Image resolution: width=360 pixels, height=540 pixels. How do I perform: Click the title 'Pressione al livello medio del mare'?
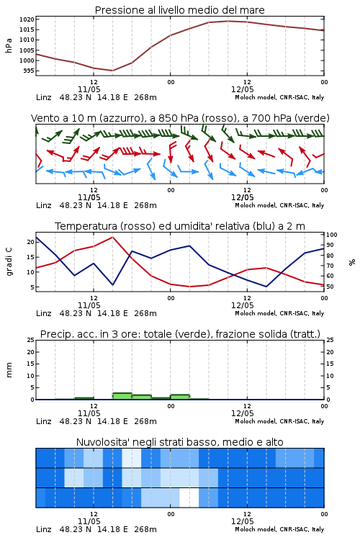point(179,10)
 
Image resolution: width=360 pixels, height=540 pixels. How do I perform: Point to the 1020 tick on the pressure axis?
point(27,19)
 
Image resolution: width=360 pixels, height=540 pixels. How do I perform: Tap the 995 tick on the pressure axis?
point(29,71)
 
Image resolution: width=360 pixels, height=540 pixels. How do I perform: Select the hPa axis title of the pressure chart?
point(9,45)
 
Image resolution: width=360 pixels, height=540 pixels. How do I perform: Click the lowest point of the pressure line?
point(112,71)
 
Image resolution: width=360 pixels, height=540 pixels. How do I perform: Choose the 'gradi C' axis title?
point(9,262)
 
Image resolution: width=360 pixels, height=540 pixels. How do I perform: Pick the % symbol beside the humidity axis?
point(352,262)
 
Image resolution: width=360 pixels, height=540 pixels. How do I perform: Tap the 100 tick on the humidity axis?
point(332,235)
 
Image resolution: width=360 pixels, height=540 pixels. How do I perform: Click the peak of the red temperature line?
point(112,237)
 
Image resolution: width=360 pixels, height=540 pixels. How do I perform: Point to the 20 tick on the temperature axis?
point(31,242)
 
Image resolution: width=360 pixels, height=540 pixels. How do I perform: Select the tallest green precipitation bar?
point(122,396)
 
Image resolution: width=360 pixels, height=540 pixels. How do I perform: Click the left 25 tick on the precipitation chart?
point(31,340)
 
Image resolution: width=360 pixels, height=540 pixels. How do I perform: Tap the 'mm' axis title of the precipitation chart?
point(9,370)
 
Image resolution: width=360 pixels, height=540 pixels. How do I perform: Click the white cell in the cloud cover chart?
point(189,498)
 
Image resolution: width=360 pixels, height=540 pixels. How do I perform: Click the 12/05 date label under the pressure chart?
point(243,89)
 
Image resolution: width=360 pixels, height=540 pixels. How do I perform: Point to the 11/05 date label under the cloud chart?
point(89,521)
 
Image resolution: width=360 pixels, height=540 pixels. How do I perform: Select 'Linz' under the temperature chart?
point(44,313)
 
